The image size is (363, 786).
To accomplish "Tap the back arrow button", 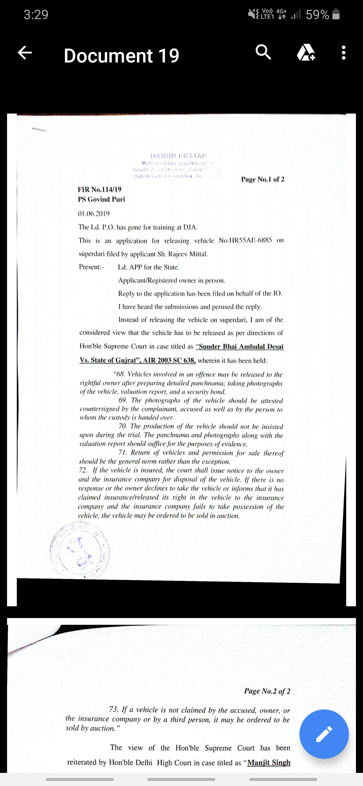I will pos(25,53).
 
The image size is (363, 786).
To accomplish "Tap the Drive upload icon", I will pos(306,53).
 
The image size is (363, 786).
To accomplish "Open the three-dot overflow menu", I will pos(343,53).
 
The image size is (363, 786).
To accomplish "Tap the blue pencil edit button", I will pos(324,734).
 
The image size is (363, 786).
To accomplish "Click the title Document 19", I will pos(121,56).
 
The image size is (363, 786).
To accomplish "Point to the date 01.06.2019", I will pos(94,214).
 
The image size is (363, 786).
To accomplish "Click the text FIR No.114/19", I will pos(100,189).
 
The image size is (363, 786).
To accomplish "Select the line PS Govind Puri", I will pos(102,199).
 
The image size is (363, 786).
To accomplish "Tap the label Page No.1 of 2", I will pos(263,179).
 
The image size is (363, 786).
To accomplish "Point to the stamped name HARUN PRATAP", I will pos(178,156).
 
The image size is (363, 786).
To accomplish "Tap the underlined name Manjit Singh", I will pos(269,762).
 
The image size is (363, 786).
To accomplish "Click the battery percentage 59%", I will pos(317,14).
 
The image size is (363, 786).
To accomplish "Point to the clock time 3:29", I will pos(36,14).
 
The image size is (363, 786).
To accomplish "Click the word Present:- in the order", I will pos(91,267).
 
